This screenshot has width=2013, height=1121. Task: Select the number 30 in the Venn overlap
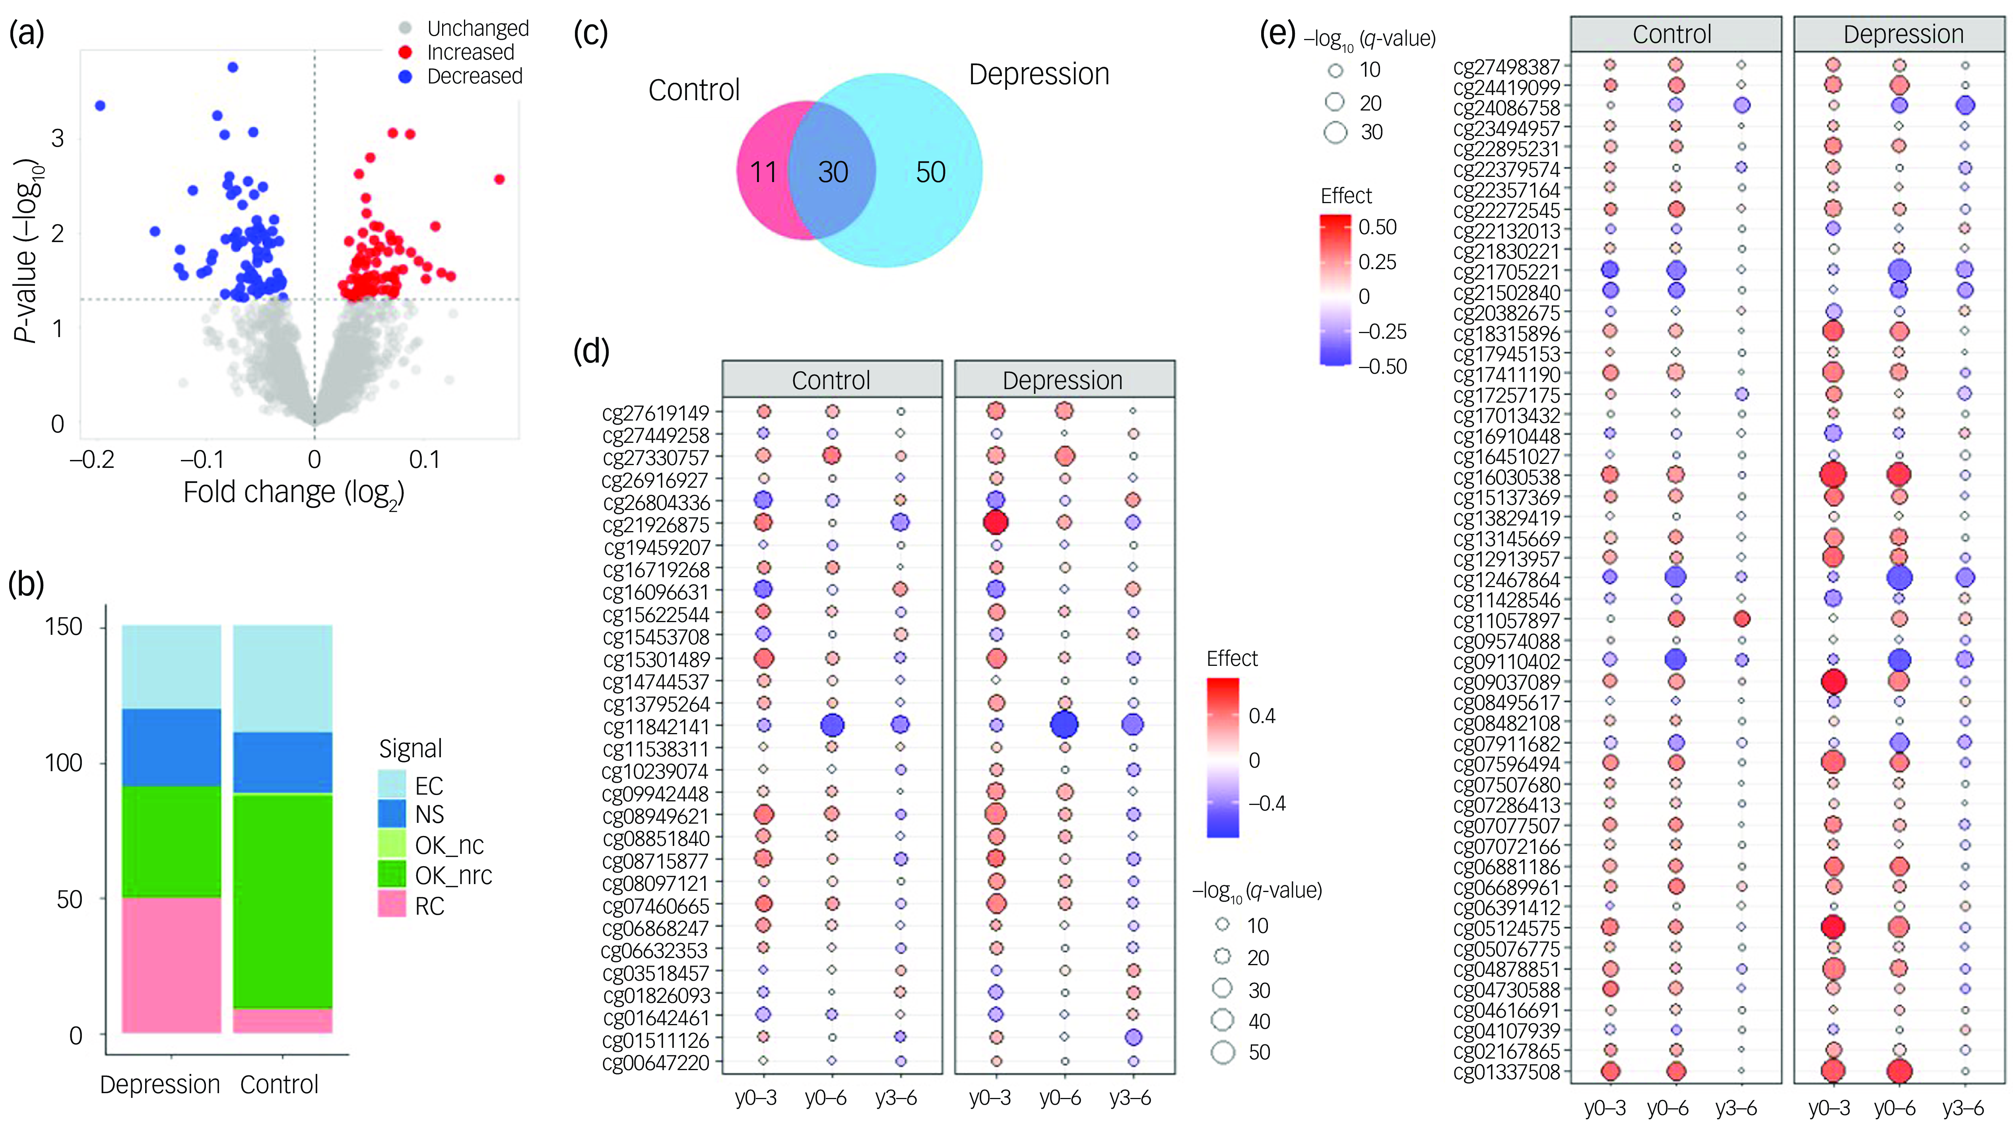click(x=833, y=172)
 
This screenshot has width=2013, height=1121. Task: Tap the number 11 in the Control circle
click(x=763, y=172)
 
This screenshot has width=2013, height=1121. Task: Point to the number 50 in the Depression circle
click(x=931, y=172)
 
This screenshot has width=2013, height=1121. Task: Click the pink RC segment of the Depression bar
click(x=171, y=966)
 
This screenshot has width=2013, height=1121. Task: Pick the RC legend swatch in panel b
click(x=392, y=904)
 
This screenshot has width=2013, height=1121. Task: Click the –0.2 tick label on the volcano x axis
click(x=92, y=460)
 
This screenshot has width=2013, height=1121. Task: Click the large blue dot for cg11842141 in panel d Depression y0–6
click(x=1064, y=725)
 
